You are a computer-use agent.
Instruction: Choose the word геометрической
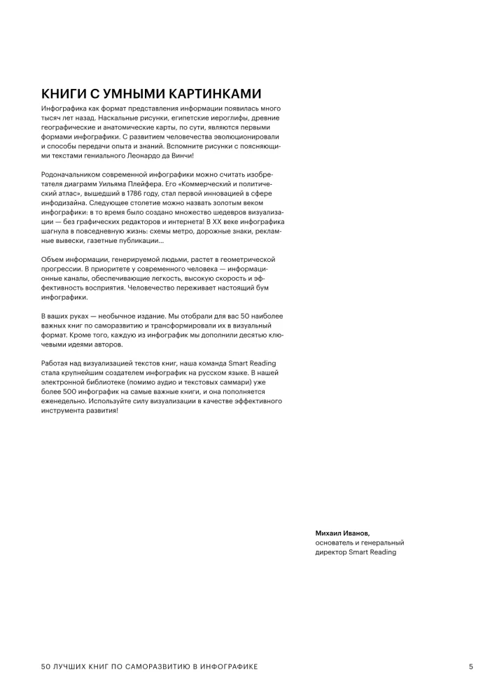tap(251, 260)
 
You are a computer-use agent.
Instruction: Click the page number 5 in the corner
tap(471, 666)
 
